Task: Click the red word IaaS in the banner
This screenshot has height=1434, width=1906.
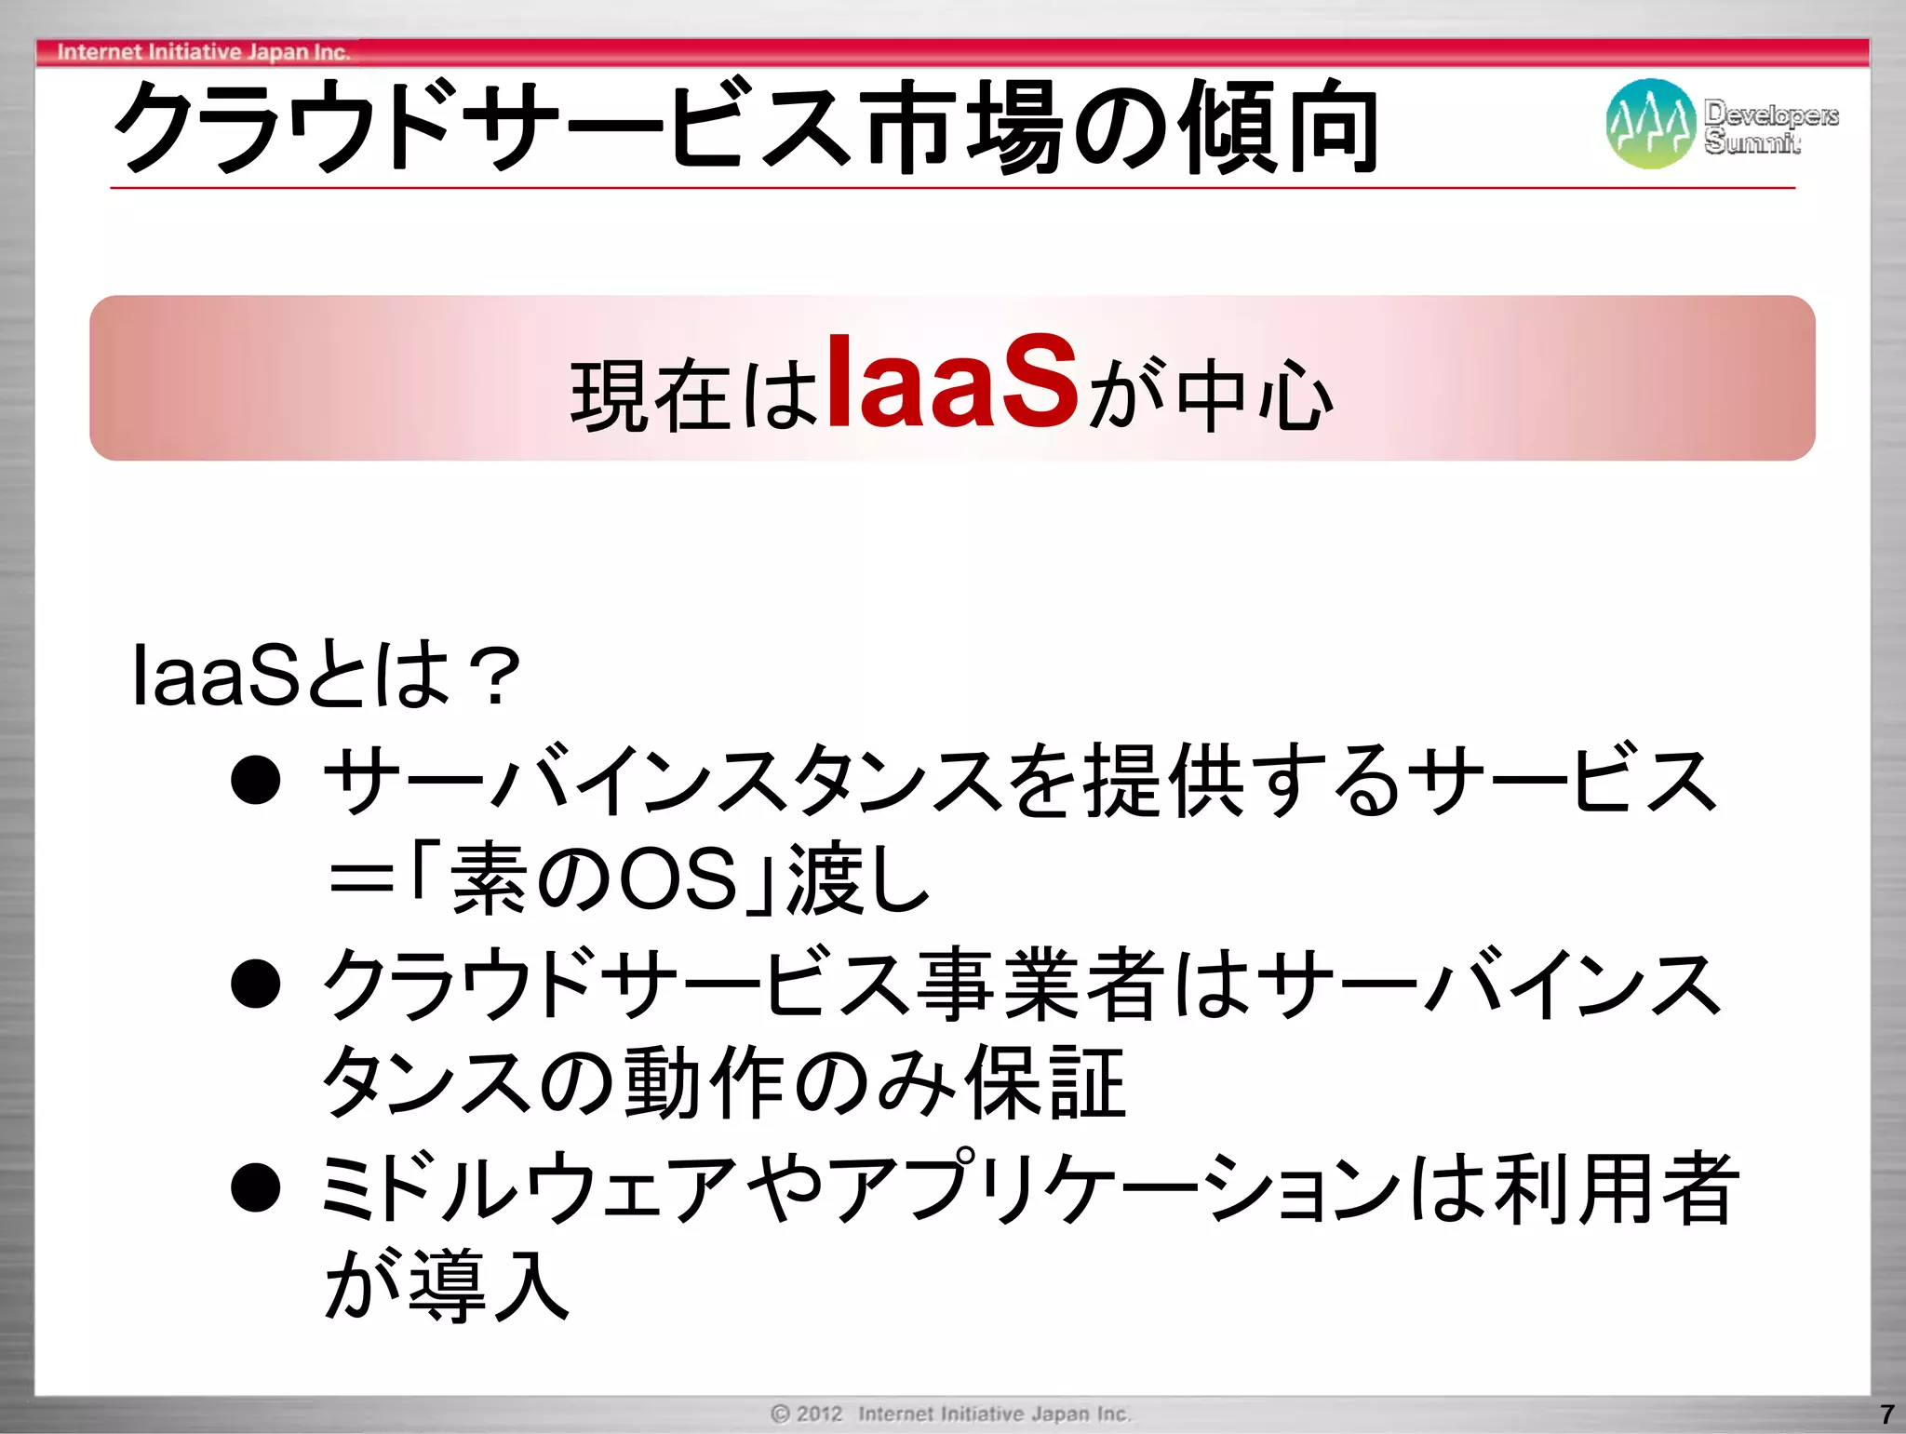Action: tap(951, 383)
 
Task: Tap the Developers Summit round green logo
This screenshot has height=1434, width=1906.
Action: tap(1649, 123)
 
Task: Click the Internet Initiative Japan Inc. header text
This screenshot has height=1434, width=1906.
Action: tap(203, 52)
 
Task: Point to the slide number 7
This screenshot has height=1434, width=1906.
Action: tap(1886, 1414)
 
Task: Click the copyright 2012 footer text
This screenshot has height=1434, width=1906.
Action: tap(950, 1414)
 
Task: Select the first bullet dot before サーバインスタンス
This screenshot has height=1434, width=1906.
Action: tap(256, 780)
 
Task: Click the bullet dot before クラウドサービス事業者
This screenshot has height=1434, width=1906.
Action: tap(256, 985)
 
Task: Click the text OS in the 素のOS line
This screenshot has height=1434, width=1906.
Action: tap(678, 879)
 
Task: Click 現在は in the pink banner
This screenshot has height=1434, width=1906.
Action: tap(693, 395)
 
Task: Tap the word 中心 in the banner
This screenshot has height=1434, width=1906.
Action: tap(1255, 395)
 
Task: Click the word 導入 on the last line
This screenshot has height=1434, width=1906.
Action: tap(489, 1286)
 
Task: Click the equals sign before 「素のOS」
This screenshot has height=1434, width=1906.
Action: tap(361, 879)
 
